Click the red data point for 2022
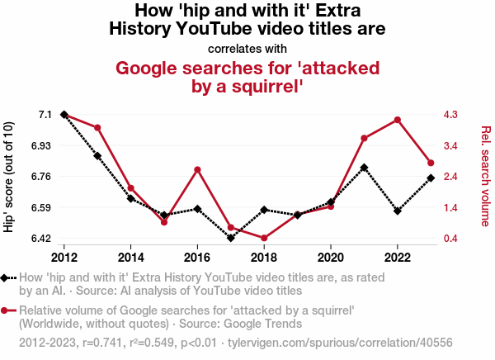(398, 120)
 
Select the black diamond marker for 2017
(231, 239)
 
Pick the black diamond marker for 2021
(364, 168)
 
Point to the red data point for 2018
(264, 239)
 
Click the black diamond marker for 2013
(97, 155)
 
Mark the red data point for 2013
(97, 128)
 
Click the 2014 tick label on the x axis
(130, 256)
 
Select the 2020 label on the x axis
(331, 256)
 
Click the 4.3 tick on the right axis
(451, 114)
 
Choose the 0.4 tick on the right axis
(451, 239)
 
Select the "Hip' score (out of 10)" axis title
(9, 176)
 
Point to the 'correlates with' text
(247, 48)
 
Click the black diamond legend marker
(7, 278)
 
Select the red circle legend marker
(7, 310)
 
